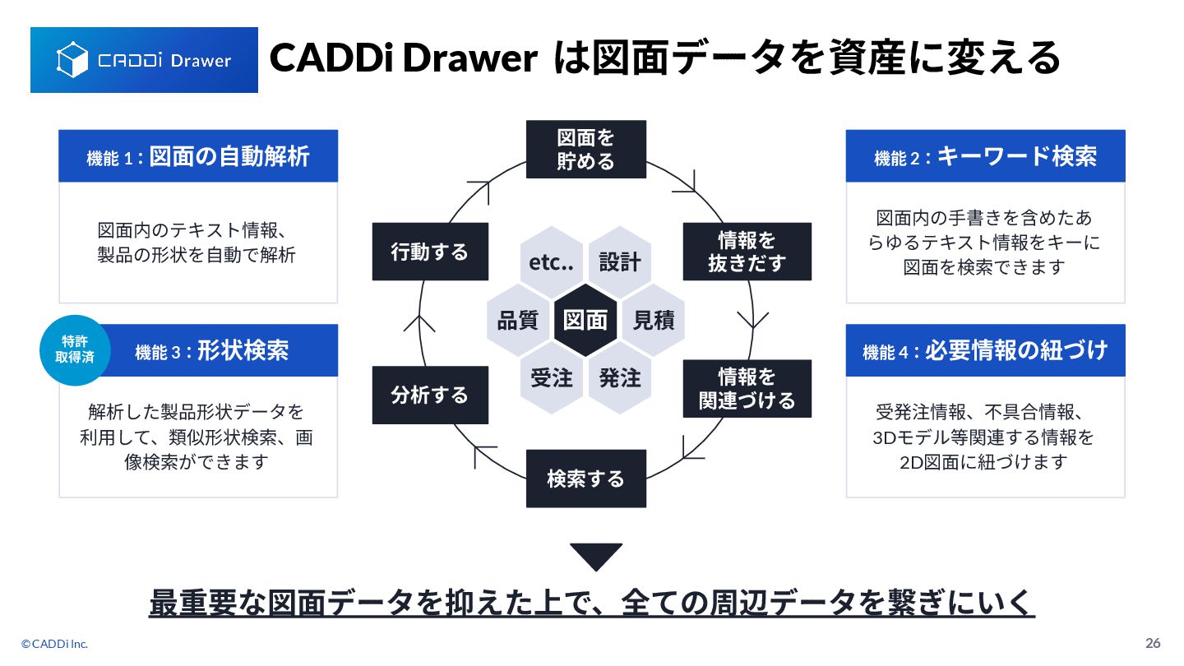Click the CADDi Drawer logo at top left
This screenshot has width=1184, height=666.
click(144, 60)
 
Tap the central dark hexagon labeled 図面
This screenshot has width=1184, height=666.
click(585, 320)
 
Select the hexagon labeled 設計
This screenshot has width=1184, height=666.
click(619, 261)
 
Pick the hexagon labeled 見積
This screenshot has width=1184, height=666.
click(654, 320)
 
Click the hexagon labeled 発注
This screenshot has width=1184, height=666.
click(619, 378)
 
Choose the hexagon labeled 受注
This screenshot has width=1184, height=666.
click(551, 378)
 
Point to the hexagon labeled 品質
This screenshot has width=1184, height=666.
click(518, 320)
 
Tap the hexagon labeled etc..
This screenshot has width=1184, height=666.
click(551, 261)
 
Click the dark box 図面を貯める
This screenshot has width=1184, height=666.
click(585, 149)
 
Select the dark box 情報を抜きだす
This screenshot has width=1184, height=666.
click(747, 252)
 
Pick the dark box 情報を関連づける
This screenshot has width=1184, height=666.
click(747, 388)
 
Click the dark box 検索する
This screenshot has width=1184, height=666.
click(585, 479)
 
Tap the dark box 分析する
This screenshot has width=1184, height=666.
click(430, 395)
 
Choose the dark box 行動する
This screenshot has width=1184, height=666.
click(430, 252)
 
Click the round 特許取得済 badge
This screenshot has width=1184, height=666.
click(75, 350)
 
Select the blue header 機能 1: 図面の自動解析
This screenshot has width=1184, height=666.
click(198, 156)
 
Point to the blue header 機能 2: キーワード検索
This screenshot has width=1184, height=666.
click(985, 156)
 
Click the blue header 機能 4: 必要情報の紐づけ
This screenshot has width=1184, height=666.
click(985, 351)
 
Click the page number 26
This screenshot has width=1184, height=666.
click(1153, 643)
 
